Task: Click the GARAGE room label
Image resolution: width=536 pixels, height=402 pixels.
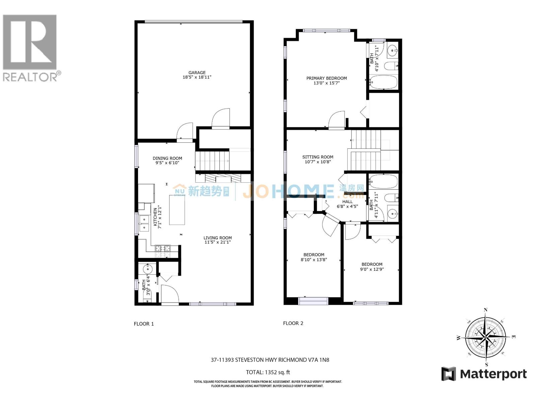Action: pyautogui.click(x=197, y=72)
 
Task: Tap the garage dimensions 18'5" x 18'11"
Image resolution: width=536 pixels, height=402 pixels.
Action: pyautogui.click(x=197, y=77)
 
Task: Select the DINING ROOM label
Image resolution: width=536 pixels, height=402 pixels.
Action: pyautogui.click(x=167, y=158)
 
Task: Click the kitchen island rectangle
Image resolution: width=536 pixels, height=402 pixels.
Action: pyautogui.click(x=177, y=210)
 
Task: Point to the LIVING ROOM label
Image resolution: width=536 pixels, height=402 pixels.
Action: pyautogui.click(x=218, y=238)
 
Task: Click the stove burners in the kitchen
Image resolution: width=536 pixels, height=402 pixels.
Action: pyautogui.click(x=163, y=248)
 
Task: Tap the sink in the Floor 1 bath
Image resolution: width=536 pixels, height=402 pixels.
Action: pyautogui.click(x=147, y=269)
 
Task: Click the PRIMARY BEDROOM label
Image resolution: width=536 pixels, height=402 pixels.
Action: pyautogui.click(x=327, y=78)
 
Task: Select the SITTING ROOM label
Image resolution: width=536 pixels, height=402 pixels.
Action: pyautogui.click(x=318, y=157)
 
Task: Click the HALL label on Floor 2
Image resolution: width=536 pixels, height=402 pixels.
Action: pyautogui.click(x=347, y=202)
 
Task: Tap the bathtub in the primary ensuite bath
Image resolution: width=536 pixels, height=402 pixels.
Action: pyautogui.click(x=384, y=82)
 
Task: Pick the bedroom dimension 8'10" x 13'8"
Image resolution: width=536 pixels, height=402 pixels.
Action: pyautogui.click(x=314, y=259)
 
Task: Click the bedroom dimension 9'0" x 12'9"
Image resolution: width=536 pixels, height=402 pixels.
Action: pyautogui.click(x=372, y=269)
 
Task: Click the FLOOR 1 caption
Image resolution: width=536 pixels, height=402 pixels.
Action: pyautogui.click(x=144, y=324)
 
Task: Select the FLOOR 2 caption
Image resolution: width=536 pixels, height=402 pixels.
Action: pyautogui.click(x=293, y=323)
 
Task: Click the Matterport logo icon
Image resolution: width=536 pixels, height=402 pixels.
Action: pyautogui.click(x=449, y=374)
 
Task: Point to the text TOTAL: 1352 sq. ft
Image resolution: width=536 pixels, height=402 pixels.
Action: pyautogui.click(x=268, y=372)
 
